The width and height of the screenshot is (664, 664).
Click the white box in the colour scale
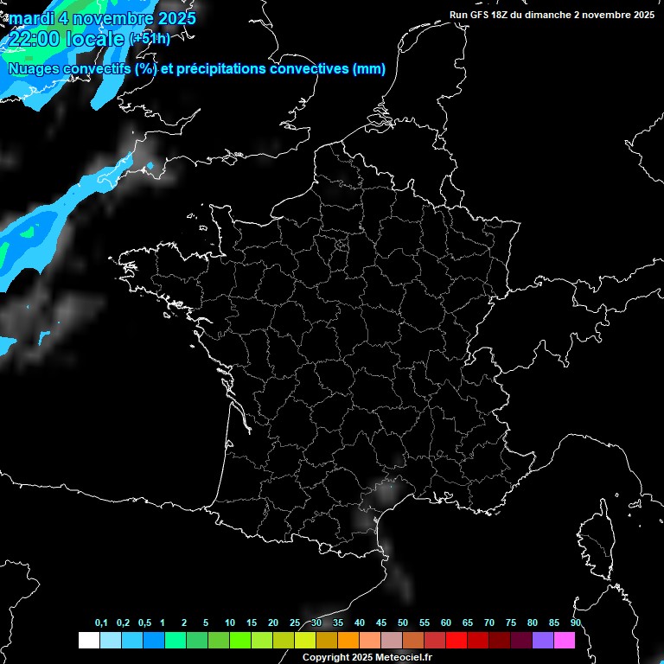tap(88, 640)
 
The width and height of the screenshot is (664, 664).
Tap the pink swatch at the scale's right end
tap(565, 640)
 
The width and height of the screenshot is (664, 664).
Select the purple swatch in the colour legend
tap(543, 640)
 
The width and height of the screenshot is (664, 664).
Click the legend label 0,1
tap(101, 623)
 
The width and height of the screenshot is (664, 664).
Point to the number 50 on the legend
tap(403, 623)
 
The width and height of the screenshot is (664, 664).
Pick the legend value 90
tap(575, 623)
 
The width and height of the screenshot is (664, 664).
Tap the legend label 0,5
tap(144, 623)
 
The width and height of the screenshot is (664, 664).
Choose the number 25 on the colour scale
tap(295, 623)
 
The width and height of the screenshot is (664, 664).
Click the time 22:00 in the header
tap(34, 39)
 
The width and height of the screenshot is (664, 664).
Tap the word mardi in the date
tap(29, 17)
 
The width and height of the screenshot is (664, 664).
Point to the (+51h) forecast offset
tap(150, 39)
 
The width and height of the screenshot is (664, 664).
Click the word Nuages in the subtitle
tap(34, 69)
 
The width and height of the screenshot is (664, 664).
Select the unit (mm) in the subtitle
tap(369, 69)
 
